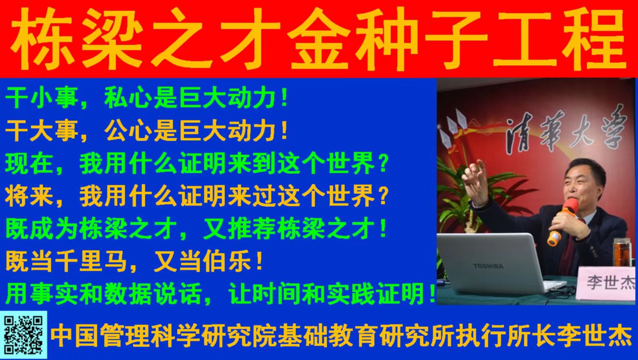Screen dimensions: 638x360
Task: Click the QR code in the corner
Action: [24, 335]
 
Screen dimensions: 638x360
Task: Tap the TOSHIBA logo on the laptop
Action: [488, 266]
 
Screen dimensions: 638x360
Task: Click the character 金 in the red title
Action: [319, 38]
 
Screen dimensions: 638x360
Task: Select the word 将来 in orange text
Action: [29, 197]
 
